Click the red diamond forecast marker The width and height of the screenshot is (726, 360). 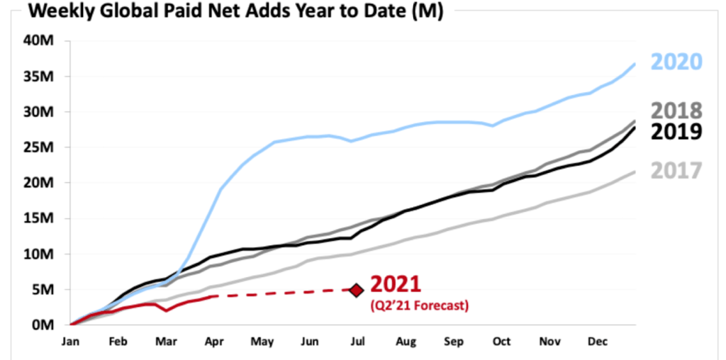pos(357,289)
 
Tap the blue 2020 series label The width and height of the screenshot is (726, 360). pos(676,62)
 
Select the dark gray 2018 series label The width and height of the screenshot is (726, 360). pos(676,111)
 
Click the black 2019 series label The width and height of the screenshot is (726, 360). pos(676,132)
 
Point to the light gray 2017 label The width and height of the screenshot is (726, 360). pos(676,171)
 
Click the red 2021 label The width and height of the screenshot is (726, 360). pos(396,285)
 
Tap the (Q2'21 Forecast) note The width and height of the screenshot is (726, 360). pos(420,305)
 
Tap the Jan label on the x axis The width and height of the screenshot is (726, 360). pos(72,342)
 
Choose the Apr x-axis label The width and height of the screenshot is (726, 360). pos(213,342)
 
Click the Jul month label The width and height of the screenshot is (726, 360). pos(357,342)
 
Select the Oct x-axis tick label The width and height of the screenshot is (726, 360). pos(501,342)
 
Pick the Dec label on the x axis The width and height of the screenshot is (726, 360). pos(596,342)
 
